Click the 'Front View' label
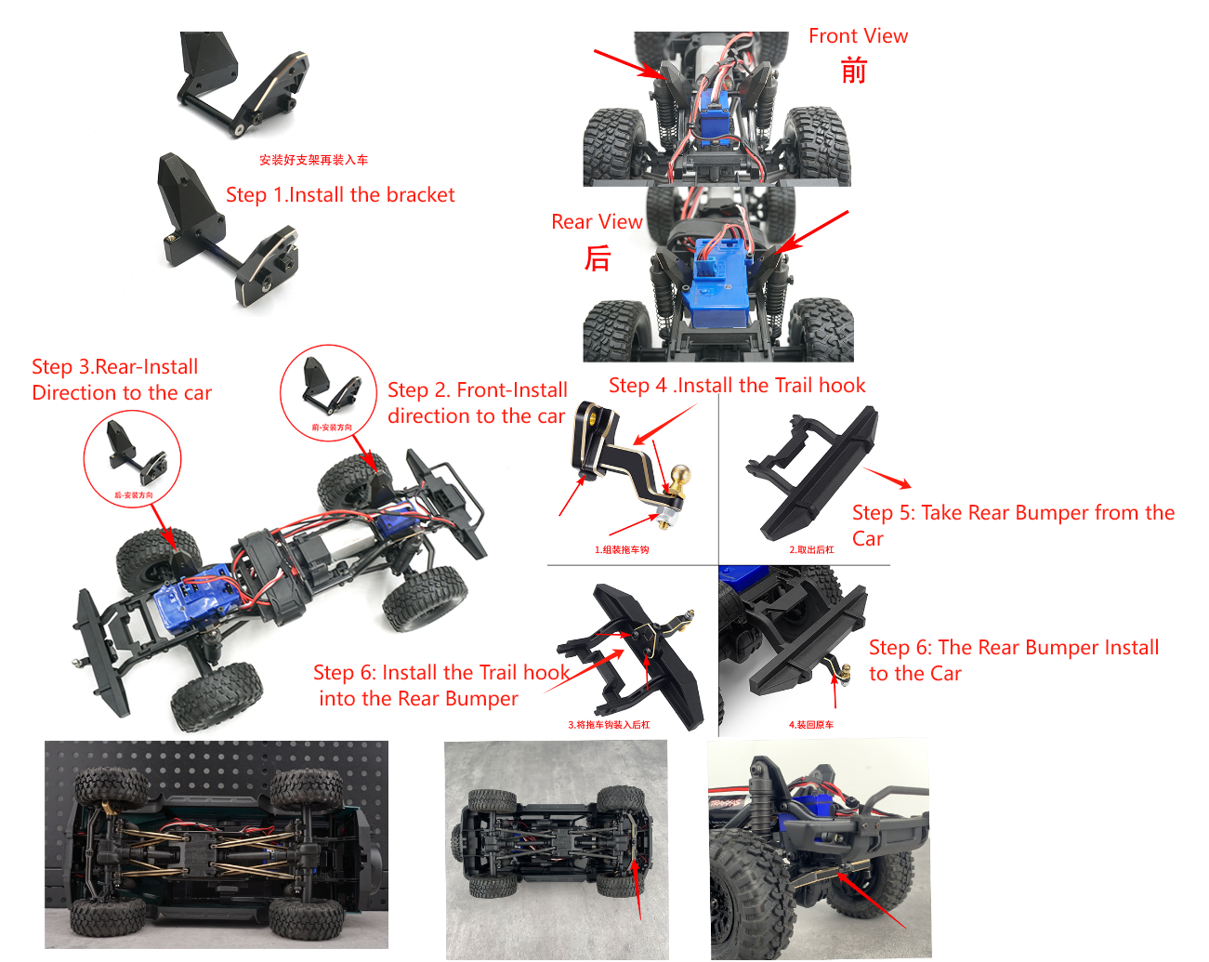(858, 36)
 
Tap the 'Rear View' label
(596, 222)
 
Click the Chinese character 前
(853, 71)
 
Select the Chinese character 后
(598, 257)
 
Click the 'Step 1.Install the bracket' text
(340, 195)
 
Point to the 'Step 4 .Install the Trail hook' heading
(737, 386)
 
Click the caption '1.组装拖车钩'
(622, 550)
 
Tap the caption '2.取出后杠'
(811, 550)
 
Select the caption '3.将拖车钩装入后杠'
(609, 725)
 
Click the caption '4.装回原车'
(811, 725)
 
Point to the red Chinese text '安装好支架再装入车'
(313, 160)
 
